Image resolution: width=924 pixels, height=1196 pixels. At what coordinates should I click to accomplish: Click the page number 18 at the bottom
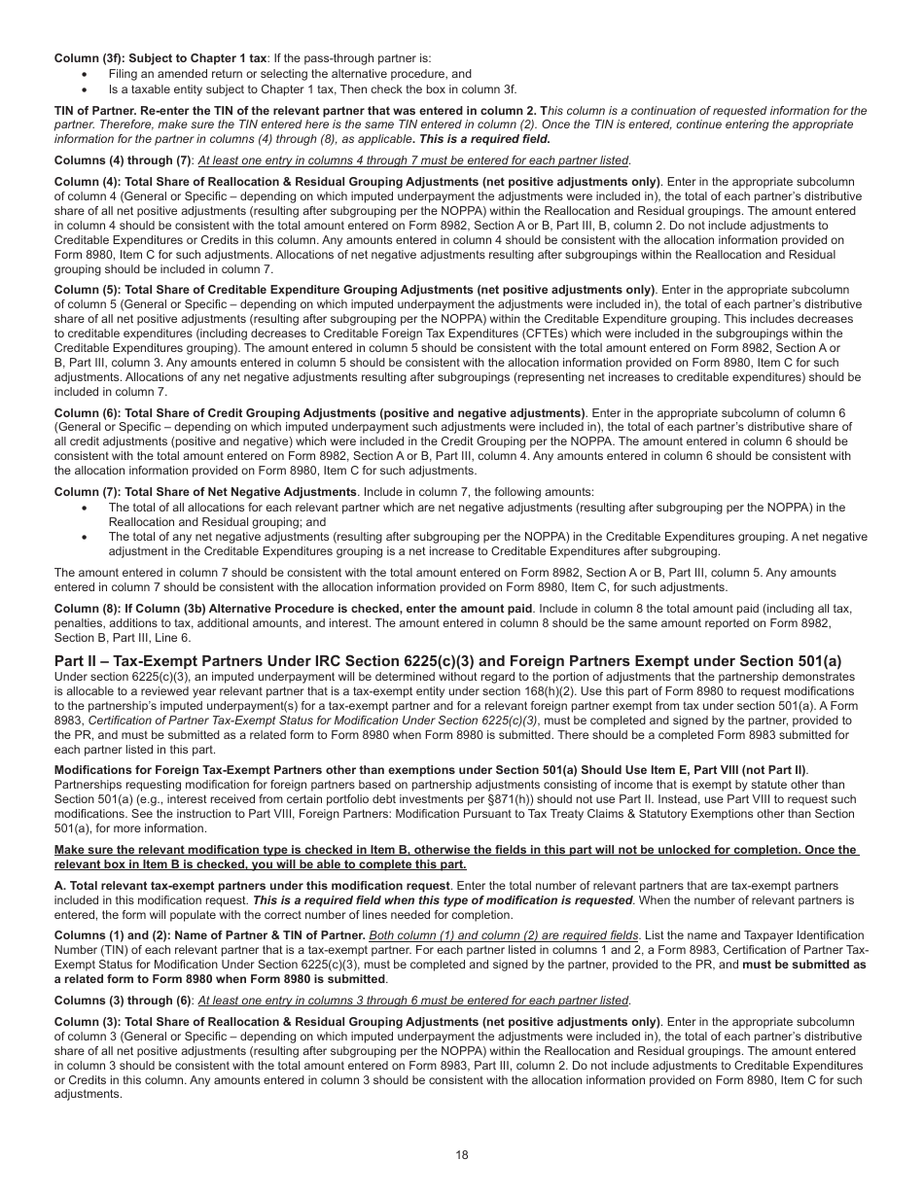tap(461, 1154)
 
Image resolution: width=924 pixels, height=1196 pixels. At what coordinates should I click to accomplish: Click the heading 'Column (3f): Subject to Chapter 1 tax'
tap(160, 58)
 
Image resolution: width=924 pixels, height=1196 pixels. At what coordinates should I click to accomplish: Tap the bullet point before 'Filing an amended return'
tap(85, 74)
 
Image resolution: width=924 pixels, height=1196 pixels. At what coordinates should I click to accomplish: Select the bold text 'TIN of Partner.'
tap(95, 111)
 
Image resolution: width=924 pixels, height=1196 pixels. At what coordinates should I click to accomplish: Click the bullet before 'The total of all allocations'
tap(85, 508)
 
